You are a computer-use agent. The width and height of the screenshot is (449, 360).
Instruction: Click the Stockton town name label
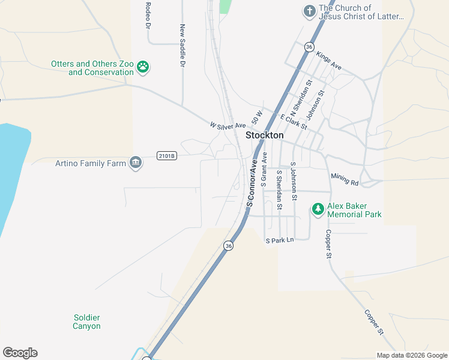pyautogui.click(x=265, y=136)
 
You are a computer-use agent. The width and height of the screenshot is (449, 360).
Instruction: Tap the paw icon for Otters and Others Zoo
pyautogui.click(x=143, y=67)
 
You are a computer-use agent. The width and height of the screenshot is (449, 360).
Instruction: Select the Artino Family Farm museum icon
pyautogui.click(x=136, y=163)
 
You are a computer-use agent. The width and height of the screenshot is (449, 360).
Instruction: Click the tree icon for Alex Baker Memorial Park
pyautogui.click(x=318, y=209)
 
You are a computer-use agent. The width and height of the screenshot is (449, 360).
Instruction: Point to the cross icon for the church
pyautogui.click(x=309, y=11)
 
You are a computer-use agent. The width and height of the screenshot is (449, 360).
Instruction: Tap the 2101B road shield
pyautogui.click(x=167, y=156)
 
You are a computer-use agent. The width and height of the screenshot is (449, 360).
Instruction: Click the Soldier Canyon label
pyautogui.click(x=86, y=322)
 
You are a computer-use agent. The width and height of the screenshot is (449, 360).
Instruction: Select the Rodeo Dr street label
pyautogui.click(x=147, y=15)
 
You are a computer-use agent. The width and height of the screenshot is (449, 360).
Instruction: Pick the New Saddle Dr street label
pyautogui.click(x=182, y=45)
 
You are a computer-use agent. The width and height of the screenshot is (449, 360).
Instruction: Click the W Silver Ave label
pyautogui.click(x=228, y=125)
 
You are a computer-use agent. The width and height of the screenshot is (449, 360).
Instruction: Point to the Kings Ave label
pyautogui.click(x=328, y=61)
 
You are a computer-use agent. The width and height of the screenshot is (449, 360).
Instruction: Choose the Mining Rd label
pyautogui.click(x=345, y=179)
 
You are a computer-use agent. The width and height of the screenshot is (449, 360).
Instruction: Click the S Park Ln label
pyautogui.click(x=280, y=241)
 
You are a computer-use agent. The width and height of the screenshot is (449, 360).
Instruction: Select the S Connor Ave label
pyautogui.click(x=253, y=183)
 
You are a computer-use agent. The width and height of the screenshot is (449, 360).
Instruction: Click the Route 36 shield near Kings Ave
pyautogui.click(x=309, y=46)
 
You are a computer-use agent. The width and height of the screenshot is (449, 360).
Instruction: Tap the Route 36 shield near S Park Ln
pyautogui.click(x=228, y=245)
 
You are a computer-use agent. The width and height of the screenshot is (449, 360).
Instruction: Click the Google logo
pyautogui.click(x=20, y=353)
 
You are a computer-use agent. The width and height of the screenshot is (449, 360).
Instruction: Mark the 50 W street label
pyautogui.click(x=258, y=117)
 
